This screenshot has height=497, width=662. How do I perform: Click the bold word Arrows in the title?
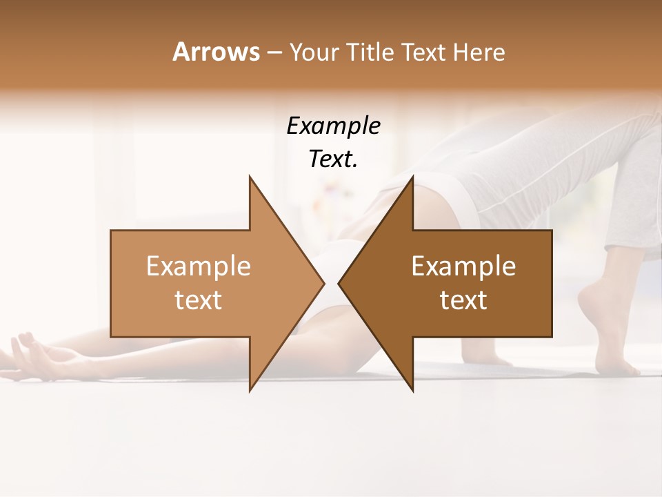click(x=217, y=52)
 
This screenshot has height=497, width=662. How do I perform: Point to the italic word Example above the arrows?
click(x=334, y=126)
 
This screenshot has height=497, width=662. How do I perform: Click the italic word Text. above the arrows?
click(x=334, y=159)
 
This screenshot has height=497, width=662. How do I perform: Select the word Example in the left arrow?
click(x=199, y=266)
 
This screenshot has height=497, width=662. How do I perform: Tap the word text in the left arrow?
click(x=199, y=300)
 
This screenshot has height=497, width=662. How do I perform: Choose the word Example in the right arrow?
click(x=463, y=266)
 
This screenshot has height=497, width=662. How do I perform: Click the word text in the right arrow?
click(x=463, y=300)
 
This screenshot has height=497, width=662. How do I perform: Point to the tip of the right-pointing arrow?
click(x=324, y=283)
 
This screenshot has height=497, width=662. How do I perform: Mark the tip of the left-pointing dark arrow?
click(x=339, y=283)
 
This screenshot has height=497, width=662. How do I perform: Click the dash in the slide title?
click(x=274, y=53)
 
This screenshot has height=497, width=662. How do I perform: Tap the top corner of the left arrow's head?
click(x=250, y=176)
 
